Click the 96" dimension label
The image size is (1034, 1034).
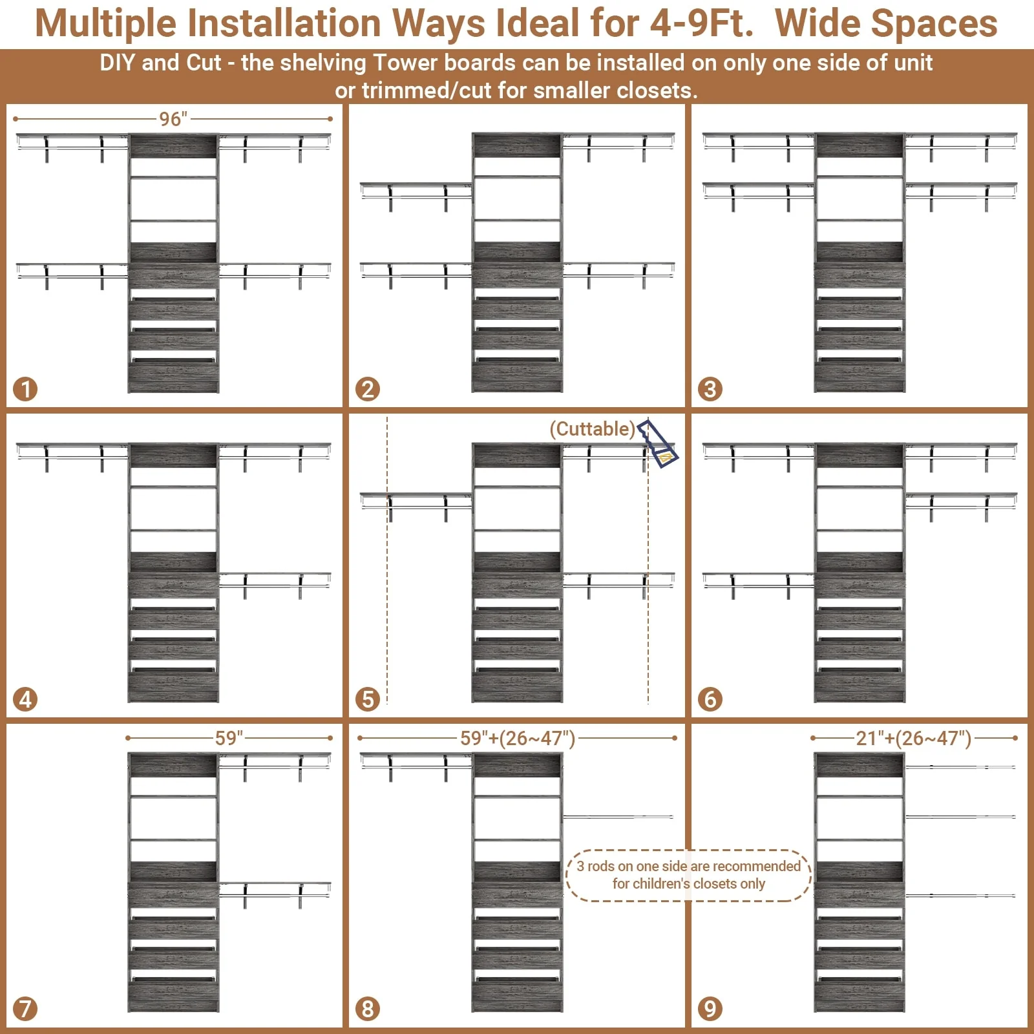[x=173, y=119]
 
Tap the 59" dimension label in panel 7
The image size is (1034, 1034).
[x=229, y=738]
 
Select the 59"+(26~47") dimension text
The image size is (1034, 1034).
[x=517, y=738]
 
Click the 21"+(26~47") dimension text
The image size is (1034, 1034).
[x=913, y=738]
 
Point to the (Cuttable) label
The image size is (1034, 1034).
[x=592, y=429]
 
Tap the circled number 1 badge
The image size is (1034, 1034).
[x=26, y=389]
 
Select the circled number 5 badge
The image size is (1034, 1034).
[x=368, y=699]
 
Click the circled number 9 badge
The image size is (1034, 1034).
[x=710, y=1008]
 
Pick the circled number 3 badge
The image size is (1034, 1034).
[x=710, y=389]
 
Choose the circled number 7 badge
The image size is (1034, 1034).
[x=26, y=1008]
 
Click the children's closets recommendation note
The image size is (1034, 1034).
[x=688, y=875]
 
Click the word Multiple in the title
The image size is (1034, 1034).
[x=105, y=23]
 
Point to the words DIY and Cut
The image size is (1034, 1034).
[x=160, y=63]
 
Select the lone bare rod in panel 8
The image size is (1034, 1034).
[x=618, y=817]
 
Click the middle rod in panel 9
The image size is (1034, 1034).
[x=960, y=817]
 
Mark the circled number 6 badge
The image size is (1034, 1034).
[x=710, y=699]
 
